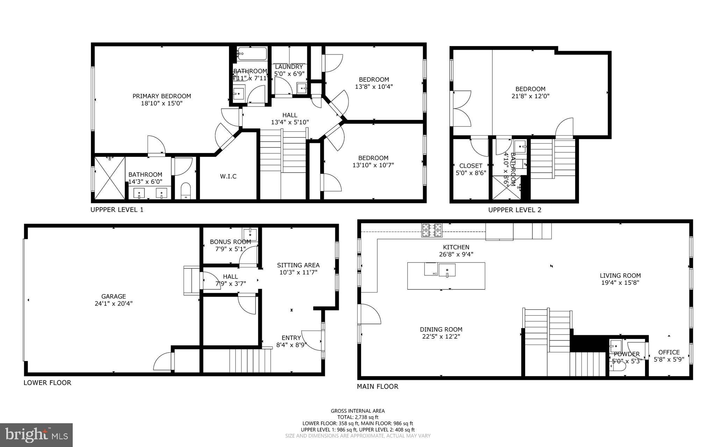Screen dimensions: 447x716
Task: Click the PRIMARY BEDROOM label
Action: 162,96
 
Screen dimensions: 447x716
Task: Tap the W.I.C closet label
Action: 228,176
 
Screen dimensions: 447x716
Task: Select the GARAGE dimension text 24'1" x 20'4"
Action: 114,304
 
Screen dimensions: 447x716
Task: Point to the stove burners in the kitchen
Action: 432,230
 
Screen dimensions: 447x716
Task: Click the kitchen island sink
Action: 447,270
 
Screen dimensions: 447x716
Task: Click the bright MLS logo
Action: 36,435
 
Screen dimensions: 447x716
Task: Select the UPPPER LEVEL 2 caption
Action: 515,210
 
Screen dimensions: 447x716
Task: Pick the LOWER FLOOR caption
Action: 47,383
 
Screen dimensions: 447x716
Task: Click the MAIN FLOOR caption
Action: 377,387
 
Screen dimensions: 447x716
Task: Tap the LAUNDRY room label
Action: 289,67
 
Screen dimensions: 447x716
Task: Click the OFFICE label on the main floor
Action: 669,352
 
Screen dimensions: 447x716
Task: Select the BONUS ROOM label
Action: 230,242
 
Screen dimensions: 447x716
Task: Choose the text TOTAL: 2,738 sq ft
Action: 358,417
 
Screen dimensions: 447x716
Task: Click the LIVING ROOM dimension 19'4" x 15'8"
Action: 620,283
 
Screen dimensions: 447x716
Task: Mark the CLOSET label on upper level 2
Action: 471,166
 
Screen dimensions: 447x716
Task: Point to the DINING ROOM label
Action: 441,330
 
